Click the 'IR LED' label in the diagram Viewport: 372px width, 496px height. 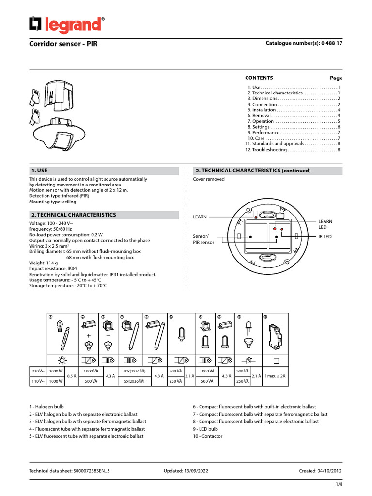[325, 236]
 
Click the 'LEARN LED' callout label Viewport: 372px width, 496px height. [325, 224]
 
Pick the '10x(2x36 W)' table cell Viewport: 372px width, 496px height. [135, 371]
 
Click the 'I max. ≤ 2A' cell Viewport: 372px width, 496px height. [276, 376]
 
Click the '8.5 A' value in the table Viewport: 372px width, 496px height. [71, 376]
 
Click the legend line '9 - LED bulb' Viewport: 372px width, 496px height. [205, 429]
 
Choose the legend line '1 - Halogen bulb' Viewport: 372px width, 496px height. [46, 407]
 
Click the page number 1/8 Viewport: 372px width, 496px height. [339, 485]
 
